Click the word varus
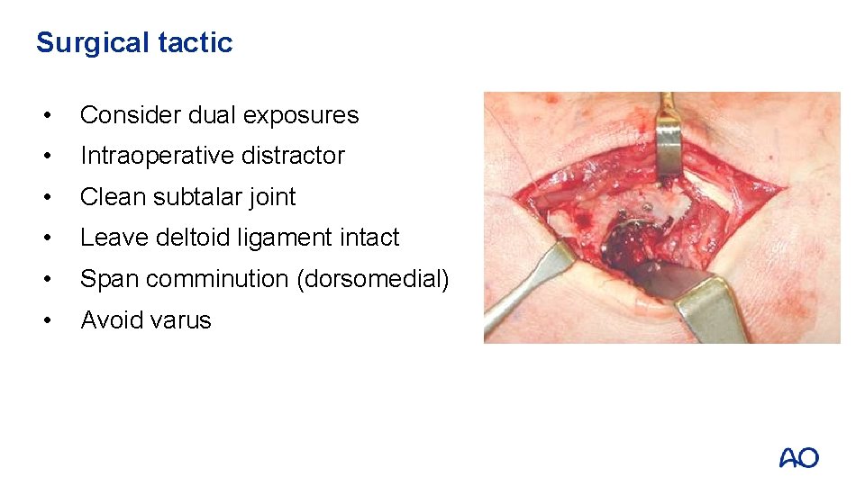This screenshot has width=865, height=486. click(x=181, y=320)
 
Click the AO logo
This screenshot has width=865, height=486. click(x=798, y=458)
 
